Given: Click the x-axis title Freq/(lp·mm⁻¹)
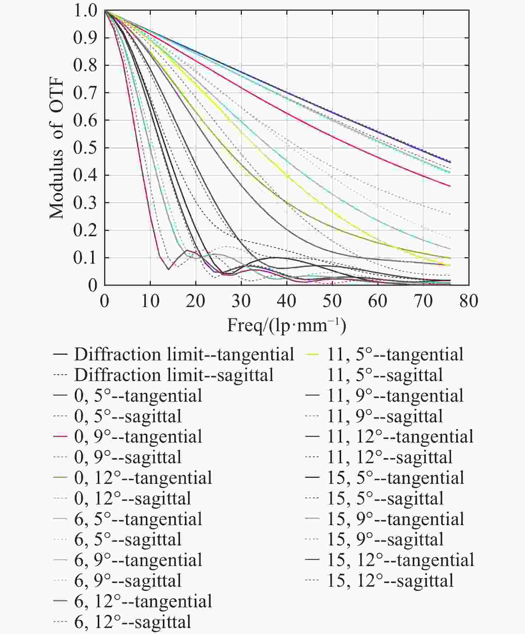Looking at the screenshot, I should [x=286, y=325].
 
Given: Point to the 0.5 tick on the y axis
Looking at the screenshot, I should [x=85, y=148].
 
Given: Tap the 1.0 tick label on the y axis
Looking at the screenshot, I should [x=85, y=11].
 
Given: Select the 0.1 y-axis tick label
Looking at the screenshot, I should [x=85, y=258].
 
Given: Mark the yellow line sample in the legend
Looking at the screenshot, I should [x=312, y=354].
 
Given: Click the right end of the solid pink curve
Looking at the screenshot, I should [x=450, y=186].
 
